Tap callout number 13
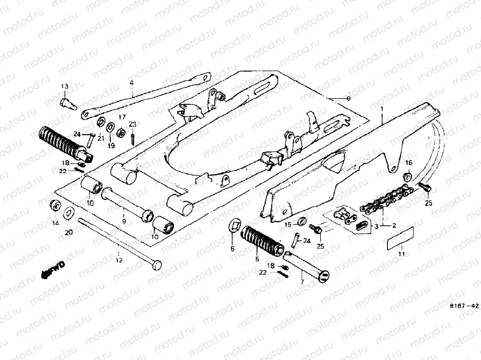(x=65, y=86)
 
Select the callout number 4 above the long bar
(x=131, y=83)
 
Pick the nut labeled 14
(x=55, y=205)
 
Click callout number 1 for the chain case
(x=382, y=109)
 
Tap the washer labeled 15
(x=301, y=224)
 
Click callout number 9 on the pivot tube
(x=123, y=222)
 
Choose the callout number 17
(x=122, y=117)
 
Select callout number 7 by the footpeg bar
(x=303, y=282)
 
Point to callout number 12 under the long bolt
(x=120, y=260)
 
